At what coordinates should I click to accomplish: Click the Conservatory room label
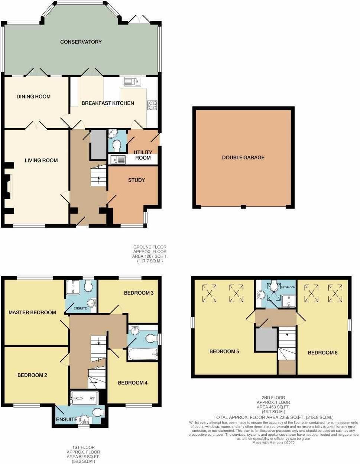click(x=81, y=42)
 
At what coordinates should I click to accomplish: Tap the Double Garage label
click(x=243, y=158)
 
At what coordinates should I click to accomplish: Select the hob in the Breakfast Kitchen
click(x=152, y=105)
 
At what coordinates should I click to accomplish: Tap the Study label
click(x=136, y=180)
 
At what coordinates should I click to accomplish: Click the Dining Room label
click(x=33, y=97)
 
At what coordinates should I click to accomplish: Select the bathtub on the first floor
click(x=143, y=355)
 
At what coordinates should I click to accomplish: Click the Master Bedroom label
click(x=32, y=312)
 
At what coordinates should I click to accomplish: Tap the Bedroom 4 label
click(x=133, y=383)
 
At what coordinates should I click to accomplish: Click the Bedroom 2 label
click(x=32, y=375)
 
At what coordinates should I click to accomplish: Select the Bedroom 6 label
click(x=322, y=353)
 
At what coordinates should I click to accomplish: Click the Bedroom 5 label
click(x=224, y=351)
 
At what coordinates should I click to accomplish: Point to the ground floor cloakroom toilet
click(x=117, y=145)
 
